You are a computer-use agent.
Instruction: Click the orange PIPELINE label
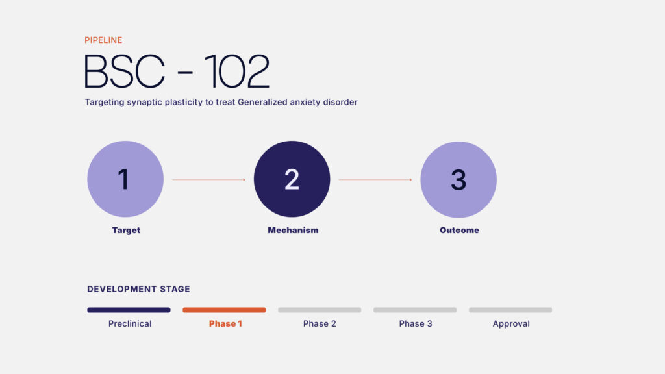pyautogui.click(x=103, y=40)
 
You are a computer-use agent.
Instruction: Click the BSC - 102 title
pyautogui.click(x=177, y=71)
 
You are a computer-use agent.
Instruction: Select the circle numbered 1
pyautogui.click(x=125, y=179)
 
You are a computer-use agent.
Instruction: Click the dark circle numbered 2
pyautogui.click(x=292, y=179)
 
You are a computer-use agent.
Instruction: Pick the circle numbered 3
pyautogui.click(x=458, y=179)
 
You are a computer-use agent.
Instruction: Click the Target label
pyautogui.click(x=126, y=231)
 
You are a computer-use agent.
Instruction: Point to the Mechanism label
pyautogui.click(x=293, y=231)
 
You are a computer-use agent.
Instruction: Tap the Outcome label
pyautogui.click(x=459, y=231)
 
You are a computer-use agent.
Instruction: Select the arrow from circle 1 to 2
pyautogui.click(x=208, y=180)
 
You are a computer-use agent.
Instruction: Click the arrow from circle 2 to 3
pyautogui.click(x=375, y=180)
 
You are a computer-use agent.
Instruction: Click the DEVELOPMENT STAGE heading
pyautogui.click(x=139, y=289)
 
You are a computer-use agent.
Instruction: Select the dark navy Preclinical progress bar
pyautogui.click(x=129, y=310)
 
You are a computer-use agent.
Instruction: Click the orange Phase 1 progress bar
pyautogui.click(x=224, y=310)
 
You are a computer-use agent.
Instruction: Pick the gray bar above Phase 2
pyautogui.click(x=320, y=310)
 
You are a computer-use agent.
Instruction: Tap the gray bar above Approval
pyautogui.click(x=510, y=310)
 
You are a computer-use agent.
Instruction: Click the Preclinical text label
pyautogui.click(x=130, y=324)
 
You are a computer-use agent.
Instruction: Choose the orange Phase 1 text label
pyautogui.click(x=225, y=324)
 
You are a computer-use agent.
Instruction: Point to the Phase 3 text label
pyautogui.click(x=416, y=324)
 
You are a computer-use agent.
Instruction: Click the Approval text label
pyautogui.click(x=511, y=324)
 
